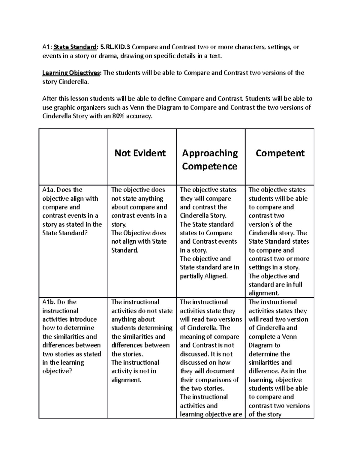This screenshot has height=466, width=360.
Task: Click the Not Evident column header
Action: tap(140, 153)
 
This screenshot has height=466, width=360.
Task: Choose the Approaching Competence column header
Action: tap(210, 159)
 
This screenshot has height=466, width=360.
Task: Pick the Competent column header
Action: tap(280, 153)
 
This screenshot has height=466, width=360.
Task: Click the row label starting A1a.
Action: tap(72, 211)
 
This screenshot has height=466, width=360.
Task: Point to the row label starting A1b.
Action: tap(72, 336)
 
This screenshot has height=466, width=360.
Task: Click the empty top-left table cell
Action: tap(73, 157)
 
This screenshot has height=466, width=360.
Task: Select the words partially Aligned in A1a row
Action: tap(204, 276)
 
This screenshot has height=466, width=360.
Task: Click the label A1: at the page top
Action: tap(47, 47)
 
